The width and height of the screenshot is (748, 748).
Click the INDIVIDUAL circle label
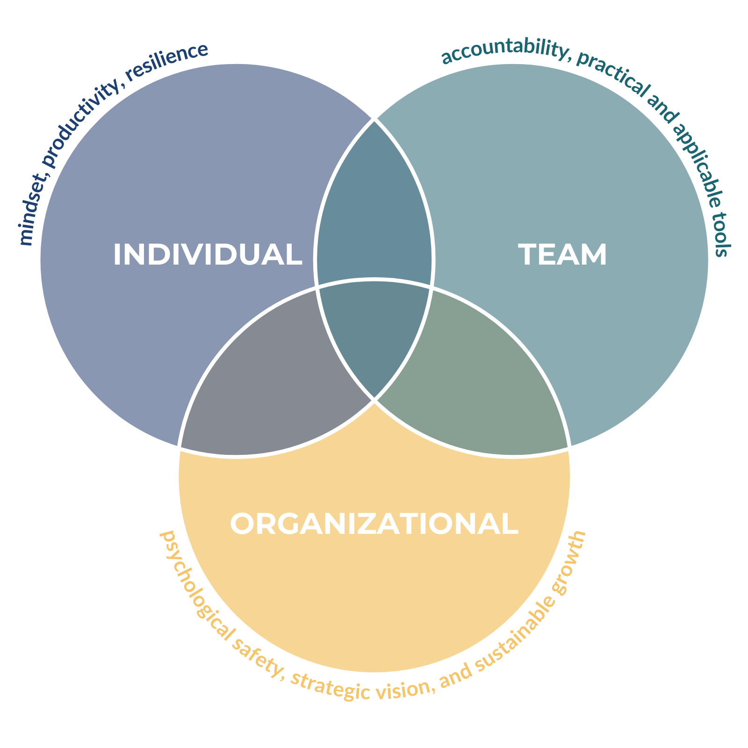point(208,255)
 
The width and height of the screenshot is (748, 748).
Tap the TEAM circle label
point(562,255)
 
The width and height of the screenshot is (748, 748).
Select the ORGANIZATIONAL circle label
point(374,524)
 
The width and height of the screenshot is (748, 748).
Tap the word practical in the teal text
point(613,75)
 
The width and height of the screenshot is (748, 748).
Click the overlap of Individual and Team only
point(374,206)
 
